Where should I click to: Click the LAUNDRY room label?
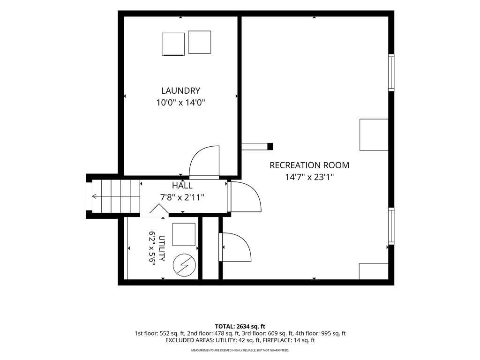coord(180,90)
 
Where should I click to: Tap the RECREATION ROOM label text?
coord(309,165)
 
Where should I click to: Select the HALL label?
coord(182,186)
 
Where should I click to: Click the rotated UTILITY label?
coord(162,248)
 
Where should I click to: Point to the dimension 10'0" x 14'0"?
coord(180,103)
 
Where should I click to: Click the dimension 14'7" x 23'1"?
coord(309,177)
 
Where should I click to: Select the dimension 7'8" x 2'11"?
coord(182,197)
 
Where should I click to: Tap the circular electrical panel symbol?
coord(184,265)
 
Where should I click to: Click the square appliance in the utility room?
coord(184,234)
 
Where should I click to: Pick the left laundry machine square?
coord(173,45)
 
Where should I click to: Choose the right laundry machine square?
coord(199,42)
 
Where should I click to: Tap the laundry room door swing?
coord(204,163)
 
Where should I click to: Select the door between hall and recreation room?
coord(244,196)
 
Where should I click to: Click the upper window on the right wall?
coord(391,72)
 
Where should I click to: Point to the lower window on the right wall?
coord(391,226)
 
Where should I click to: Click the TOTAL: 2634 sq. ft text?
coord(240,326)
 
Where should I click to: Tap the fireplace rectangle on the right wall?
coord(374,135)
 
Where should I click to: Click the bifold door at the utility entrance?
coord(159,210)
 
